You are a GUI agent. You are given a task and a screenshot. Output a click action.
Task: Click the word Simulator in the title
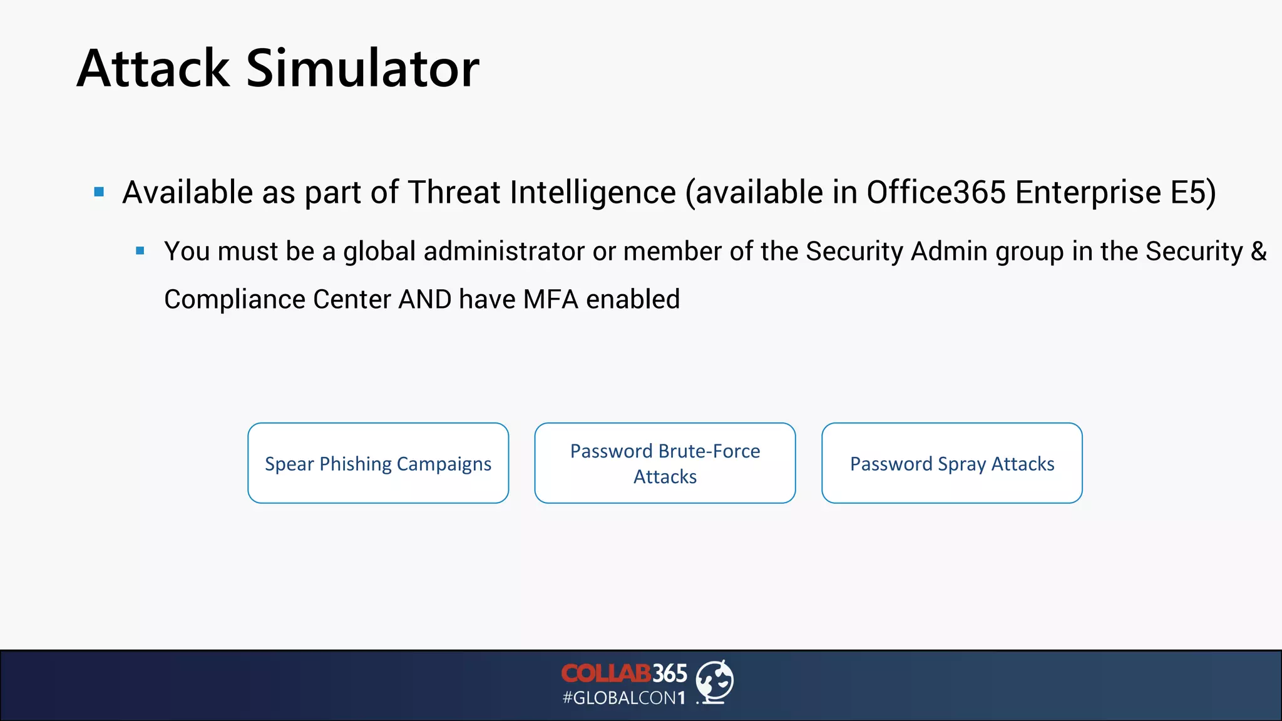(x=362, y=68)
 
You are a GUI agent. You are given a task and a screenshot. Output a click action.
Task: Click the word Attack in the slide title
(x=153, y=68)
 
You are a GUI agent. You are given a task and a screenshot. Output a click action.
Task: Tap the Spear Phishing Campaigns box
(x=378, y=463)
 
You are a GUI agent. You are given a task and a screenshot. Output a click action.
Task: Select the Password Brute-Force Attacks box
(x=665, y=463)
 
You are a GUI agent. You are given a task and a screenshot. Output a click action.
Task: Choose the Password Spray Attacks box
(x=951, y=463)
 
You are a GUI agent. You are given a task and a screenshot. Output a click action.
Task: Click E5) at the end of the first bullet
(x=1193, y=192)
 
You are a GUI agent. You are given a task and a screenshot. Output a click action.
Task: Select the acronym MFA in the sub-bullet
(x=551, y=299)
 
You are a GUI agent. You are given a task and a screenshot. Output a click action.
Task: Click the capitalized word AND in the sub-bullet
(x=425, y=299)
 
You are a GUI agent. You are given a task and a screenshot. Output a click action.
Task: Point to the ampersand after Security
(x=1258, y=251)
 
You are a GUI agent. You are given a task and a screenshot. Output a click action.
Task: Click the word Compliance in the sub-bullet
(x=235, y=299)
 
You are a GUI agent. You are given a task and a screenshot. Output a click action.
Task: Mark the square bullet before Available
(x=99, y=192)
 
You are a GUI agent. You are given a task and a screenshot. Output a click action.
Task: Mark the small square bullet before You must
(x=140, y=251)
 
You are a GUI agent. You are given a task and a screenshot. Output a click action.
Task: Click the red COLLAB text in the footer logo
(x=605, y=673)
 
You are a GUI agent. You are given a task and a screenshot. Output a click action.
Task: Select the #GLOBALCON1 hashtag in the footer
(x=624, y=698)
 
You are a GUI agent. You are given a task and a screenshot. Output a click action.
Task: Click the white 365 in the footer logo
(x=670, y=673)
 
